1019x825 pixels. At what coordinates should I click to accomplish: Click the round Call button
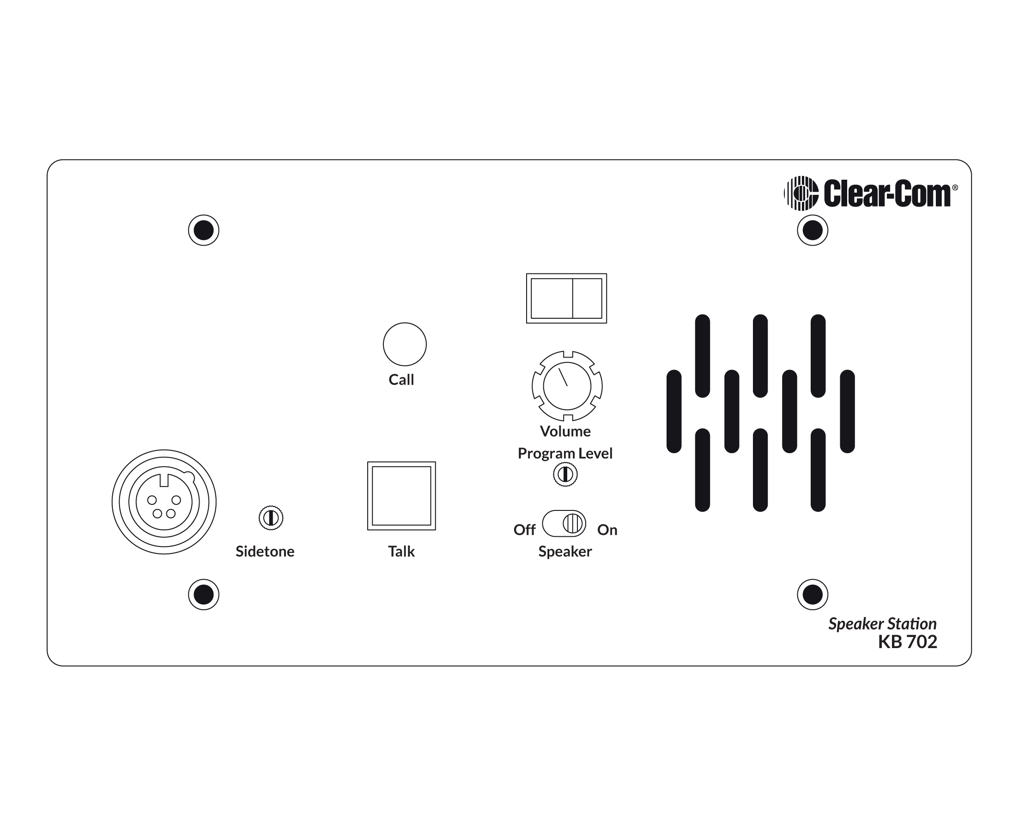tap(405, 345)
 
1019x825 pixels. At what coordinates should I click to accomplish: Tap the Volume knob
tap(567, 386)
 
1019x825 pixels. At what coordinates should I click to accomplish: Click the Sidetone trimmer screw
tap(271, 517)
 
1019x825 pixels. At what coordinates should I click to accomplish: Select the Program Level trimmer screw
tap(565, 474)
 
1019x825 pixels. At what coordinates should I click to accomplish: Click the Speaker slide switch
tap(564, 524)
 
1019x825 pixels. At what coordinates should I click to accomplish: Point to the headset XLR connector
tap(164, 502)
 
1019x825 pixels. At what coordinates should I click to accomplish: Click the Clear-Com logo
tap(870, 193)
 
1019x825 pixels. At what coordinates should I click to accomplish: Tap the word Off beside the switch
tap(524, 530)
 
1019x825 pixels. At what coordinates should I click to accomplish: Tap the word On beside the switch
tap(607, 530)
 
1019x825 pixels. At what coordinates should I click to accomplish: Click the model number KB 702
tap(907, 642)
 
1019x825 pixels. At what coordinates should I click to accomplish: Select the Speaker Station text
tap(882, 624)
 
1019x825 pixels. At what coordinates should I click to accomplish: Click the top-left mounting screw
tap(203, 231)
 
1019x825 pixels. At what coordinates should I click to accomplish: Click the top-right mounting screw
tap(812, 231)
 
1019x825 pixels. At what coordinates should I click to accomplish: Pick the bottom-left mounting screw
tap(203, 594)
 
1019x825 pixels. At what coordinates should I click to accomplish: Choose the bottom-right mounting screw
tap(812, 594)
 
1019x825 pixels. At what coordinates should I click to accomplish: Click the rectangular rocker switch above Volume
tap(566, 298)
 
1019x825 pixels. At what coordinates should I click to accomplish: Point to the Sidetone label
tap(265, 551)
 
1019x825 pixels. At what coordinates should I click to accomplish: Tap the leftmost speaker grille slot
tap(674, 412)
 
